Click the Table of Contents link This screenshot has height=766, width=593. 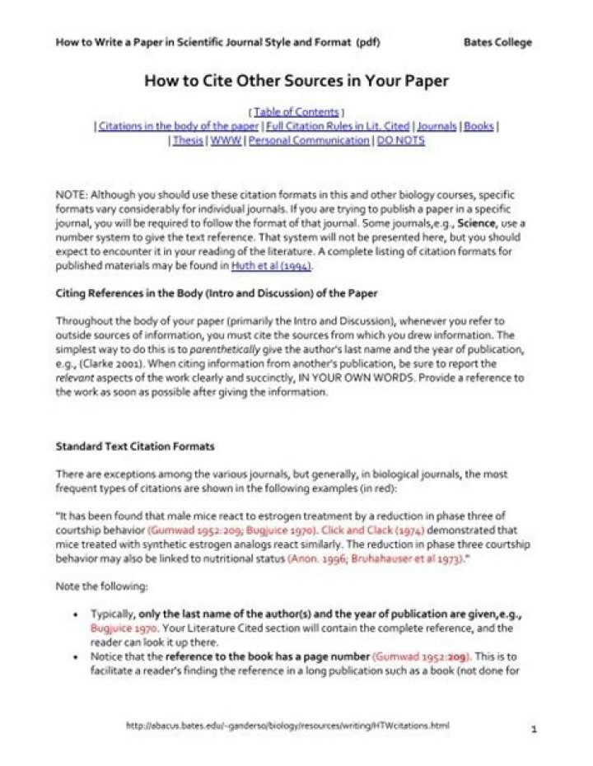296,111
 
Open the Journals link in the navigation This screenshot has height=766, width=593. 437,126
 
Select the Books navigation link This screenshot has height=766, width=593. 479,126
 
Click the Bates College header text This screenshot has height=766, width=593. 497,42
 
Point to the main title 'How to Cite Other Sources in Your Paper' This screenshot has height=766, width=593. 296,81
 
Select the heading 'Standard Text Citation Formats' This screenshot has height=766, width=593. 135,446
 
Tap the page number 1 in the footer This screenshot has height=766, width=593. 534,729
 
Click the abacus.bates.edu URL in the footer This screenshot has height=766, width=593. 287,726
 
